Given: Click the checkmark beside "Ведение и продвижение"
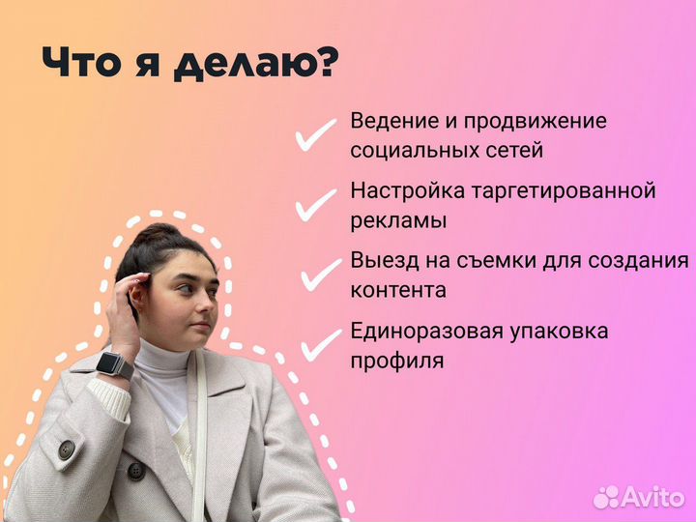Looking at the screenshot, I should point(315,137).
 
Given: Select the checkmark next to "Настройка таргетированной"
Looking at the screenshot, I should point(315,205).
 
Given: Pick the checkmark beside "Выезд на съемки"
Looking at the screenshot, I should point(320,274).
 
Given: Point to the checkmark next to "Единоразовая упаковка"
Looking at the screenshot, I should point(322,344).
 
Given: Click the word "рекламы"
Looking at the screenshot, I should point(398,220).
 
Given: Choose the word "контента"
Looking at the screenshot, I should point(398,290).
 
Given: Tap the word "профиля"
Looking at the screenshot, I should point(397,362).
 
